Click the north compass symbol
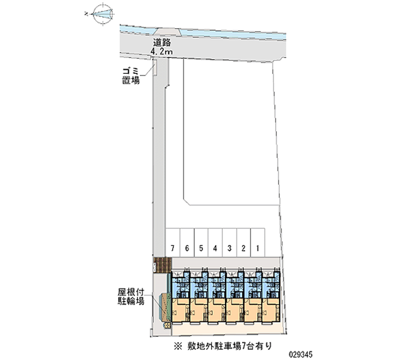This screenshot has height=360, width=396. pos(103,14)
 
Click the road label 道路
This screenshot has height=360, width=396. pos(162,43)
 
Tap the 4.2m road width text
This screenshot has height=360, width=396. pos(162,51)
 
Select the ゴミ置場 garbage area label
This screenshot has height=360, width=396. pos(131,76)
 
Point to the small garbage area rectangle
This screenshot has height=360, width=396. pos(155,67)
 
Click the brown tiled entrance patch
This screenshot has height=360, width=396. pos(163,265)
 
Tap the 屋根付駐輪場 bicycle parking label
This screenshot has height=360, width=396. pos(131,297)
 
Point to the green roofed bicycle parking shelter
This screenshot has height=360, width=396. pos(165,307)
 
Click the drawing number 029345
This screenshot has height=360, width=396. pos(301,355)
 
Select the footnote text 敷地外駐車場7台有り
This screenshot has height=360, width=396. pos(230,346)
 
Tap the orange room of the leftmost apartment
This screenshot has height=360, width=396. pos(180,310)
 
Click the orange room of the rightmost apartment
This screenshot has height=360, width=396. pos(271,310)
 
